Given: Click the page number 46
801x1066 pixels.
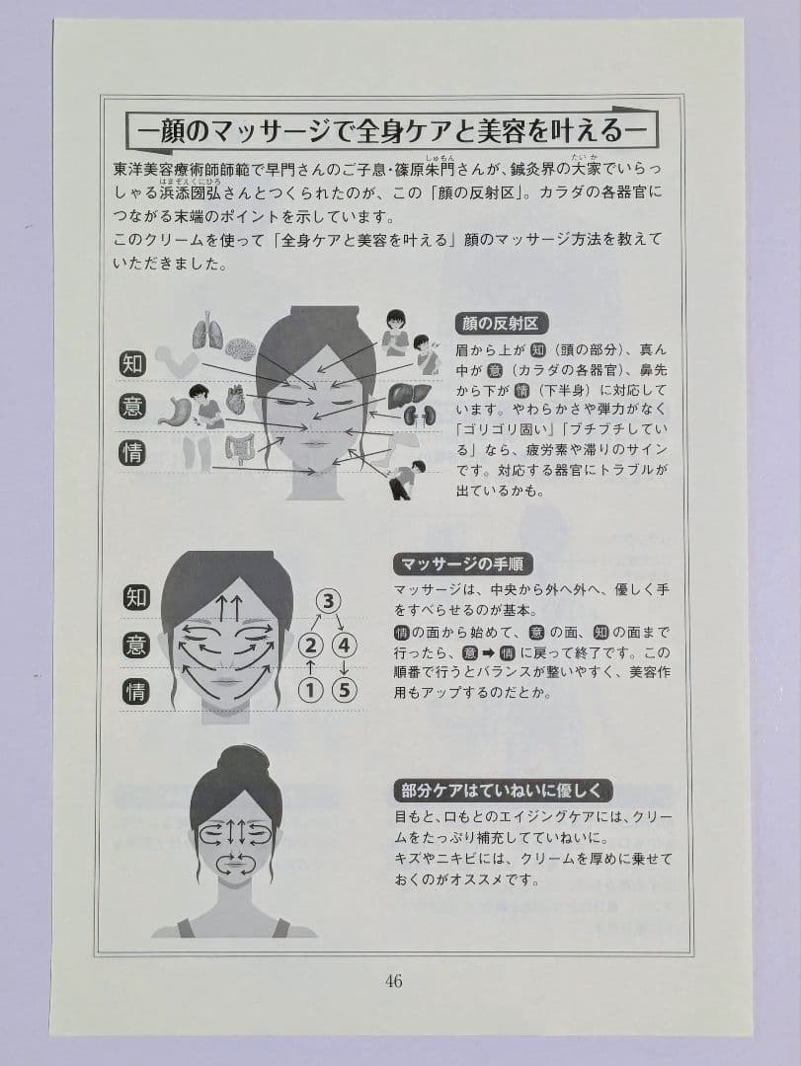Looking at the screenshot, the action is [393, 981].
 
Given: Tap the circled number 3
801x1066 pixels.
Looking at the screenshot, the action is [329, 602].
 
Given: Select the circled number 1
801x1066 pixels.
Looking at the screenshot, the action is [310, 691].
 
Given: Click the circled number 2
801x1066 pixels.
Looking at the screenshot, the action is [310, 646].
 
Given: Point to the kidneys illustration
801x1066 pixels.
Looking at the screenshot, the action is [414, 414].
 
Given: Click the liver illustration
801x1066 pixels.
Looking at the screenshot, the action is [409, 395].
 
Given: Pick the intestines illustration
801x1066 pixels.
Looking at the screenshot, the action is [240, 449].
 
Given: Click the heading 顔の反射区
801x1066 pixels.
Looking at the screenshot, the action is [501, 324].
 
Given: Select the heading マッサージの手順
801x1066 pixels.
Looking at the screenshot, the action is [462, 564].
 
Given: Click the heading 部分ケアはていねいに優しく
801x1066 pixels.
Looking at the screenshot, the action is [503, 791].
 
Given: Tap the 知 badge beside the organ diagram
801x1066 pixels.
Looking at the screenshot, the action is [132, 364].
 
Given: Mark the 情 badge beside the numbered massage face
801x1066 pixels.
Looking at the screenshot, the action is [136, 692].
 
